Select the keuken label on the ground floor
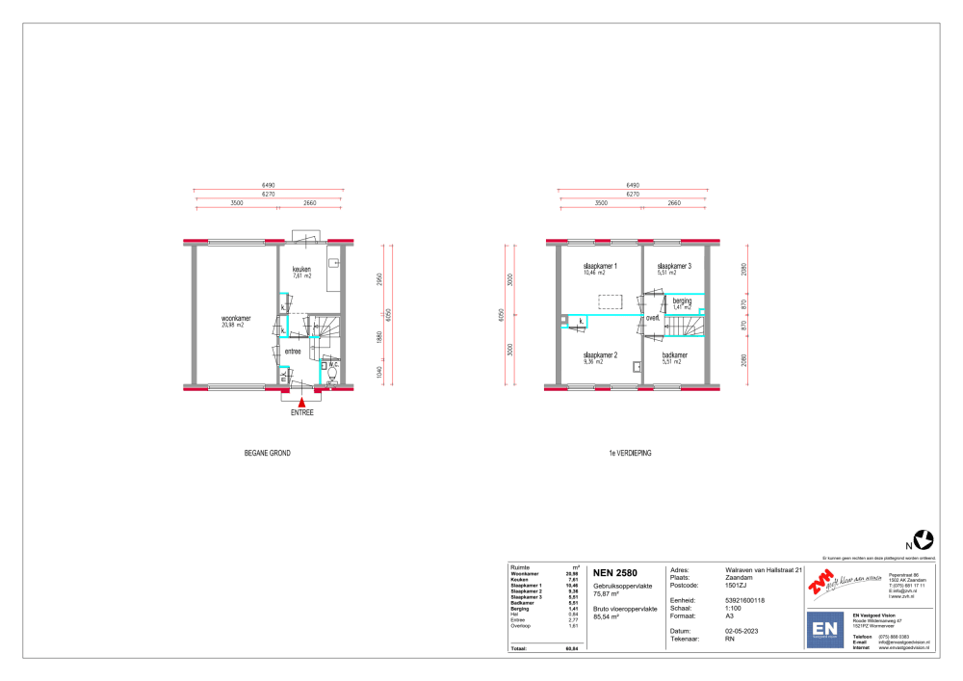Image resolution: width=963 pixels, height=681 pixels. (303, 270)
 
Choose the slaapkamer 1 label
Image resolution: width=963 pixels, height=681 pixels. (599, 266)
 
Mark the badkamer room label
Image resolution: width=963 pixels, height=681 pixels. (674, 355)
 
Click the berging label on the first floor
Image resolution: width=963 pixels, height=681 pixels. (682, 301)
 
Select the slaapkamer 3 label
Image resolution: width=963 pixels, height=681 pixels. (674, 266)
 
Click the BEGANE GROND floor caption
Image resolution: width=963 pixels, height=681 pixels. (267, 452)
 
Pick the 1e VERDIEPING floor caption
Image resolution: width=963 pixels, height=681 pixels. (631, 452)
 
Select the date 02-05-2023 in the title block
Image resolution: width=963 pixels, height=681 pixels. (742, 630)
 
